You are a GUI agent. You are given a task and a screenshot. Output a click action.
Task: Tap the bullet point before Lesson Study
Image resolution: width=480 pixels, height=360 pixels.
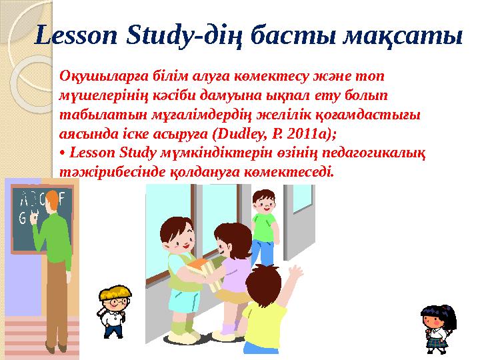click(x=62, y=152)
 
